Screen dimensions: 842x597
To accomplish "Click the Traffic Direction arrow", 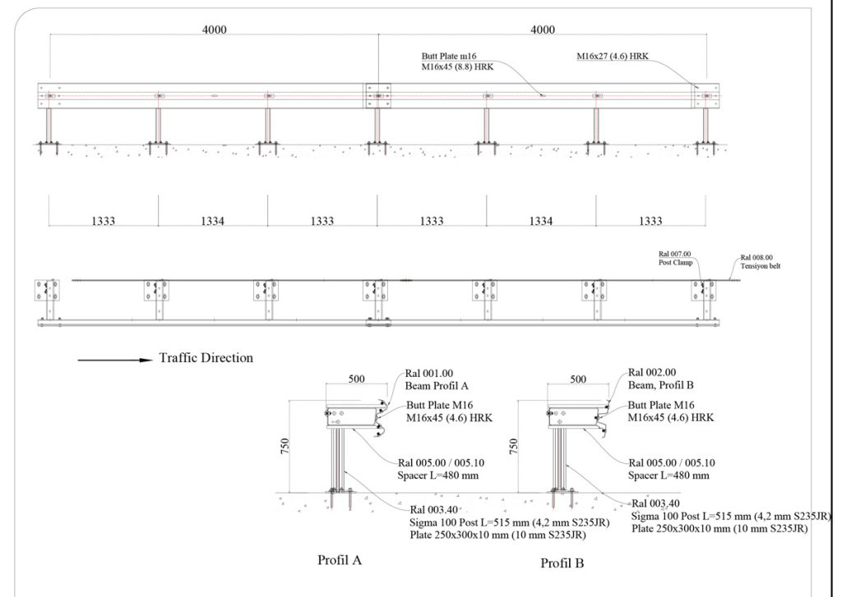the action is (x=115, y=360).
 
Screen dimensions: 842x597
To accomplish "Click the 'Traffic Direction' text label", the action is (x=206, y=358).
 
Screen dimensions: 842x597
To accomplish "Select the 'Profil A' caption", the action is (x=340, y=560).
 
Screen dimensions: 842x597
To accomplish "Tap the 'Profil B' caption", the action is (x=562, y=563).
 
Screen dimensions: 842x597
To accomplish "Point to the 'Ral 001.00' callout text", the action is (x=429, y=374).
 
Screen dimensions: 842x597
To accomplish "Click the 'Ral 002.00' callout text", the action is (x=652, y=372).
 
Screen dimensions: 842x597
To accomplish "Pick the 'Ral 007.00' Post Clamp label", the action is (x=675, y=255).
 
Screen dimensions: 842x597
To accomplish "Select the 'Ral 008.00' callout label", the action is (x=757, y=258).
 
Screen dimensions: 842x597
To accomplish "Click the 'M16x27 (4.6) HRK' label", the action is (x=613, y=56).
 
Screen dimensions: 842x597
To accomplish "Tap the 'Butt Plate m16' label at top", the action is (x=449, y=56).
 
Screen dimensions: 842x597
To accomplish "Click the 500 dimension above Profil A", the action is (x=357, y=379).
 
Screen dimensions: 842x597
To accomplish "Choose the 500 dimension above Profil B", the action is (x=578, y=379).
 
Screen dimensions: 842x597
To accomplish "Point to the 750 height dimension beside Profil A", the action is (x=284, y=446).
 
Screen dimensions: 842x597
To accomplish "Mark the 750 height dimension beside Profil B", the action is (x=513, y=446).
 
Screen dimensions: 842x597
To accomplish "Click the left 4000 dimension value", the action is (x=215, y=30).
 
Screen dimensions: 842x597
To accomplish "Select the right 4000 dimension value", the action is (x=543, y=30).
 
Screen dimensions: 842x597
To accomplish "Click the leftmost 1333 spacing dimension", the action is (x=103, y=220).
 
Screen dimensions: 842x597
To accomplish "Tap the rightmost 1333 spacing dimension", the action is (x=650, y=220).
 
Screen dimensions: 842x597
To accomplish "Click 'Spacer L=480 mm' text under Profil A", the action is (x=438, y=475).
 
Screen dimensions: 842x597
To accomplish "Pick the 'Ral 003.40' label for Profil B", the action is (x=655, y=503).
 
